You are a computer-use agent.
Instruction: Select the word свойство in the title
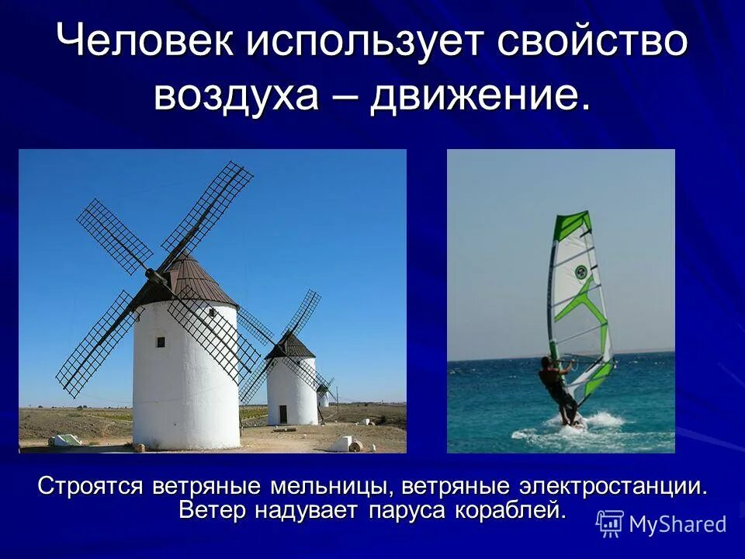[x=591, y=41]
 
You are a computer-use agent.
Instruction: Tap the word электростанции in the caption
[x=612, y=488]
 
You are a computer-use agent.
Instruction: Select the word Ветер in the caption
[x=211, y=510]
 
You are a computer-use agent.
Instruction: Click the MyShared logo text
[x=677, y=524]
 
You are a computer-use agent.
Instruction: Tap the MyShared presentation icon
[x=610, y=524]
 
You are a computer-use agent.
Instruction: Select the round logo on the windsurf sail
[x=580, y=272]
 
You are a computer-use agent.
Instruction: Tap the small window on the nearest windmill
[x=161, y=342]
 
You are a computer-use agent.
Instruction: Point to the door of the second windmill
[x=282, y=415]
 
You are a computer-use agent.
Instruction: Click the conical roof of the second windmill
[x=291, y=346]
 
